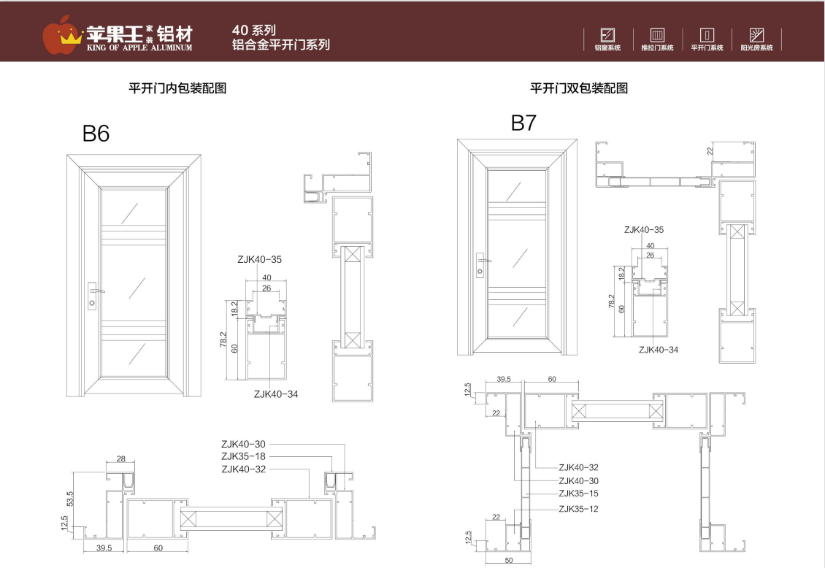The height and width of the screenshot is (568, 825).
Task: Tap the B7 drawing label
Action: click(x=523, y=123)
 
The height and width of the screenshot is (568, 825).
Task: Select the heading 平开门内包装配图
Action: click(x=177, y=88)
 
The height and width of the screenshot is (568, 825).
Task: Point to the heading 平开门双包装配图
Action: click(x=579, y=88)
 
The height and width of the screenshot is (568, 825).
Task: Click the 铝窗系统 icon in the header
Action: click(x=607, y=34)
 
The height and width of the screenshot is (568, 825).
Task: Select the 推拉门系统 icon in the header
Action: click(x=657, y=34)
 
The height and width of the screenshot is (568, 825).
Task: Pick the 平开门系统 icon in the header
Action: click(x=707, y=34)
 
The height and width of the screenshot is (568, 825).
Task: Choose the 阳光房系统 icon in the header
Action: click(x=756, y=34)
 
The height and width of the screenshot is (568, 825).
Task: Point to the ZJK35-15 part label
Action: click(x=578, y=494)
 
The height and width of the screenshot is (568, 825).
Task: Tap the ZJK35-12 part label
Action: click(x=578, y=509)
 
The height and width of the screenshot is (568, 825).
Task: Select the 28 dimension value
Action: click(x=120, y=459)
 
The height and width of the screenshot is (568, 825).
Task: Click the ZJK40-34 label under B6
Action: click(x=275, y=394)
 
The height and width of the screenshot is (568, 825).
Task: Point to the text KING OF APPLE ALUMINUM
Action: click(x=139, y=47)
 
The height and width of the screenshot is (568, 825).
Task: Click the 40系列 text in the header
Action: click(x=253, y=30)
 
